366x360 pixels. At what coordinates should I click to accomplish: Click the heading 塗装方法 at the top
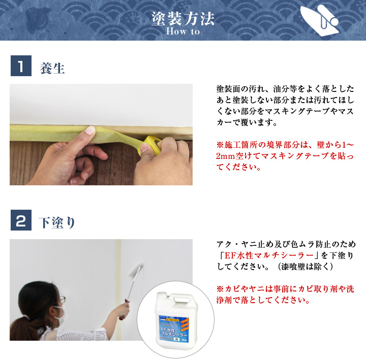point(183,18)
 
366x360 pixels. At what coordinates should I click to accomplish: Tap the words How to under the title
point(183,31)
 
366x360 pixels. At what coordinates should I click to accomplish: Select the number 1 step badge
point(21,67)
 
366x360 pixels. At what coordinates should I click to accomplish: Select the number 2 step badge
point(21,221)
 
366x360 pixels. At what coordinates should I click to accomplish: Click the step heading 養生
point(52,69)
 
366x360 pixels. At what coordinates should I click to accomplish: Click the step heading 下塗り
point(57,222)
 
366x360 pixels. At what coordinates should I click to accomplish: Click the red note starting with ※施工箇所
point(285,156)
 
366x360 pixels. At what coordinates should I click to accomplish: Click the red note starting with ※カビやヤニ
point(285,294)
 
